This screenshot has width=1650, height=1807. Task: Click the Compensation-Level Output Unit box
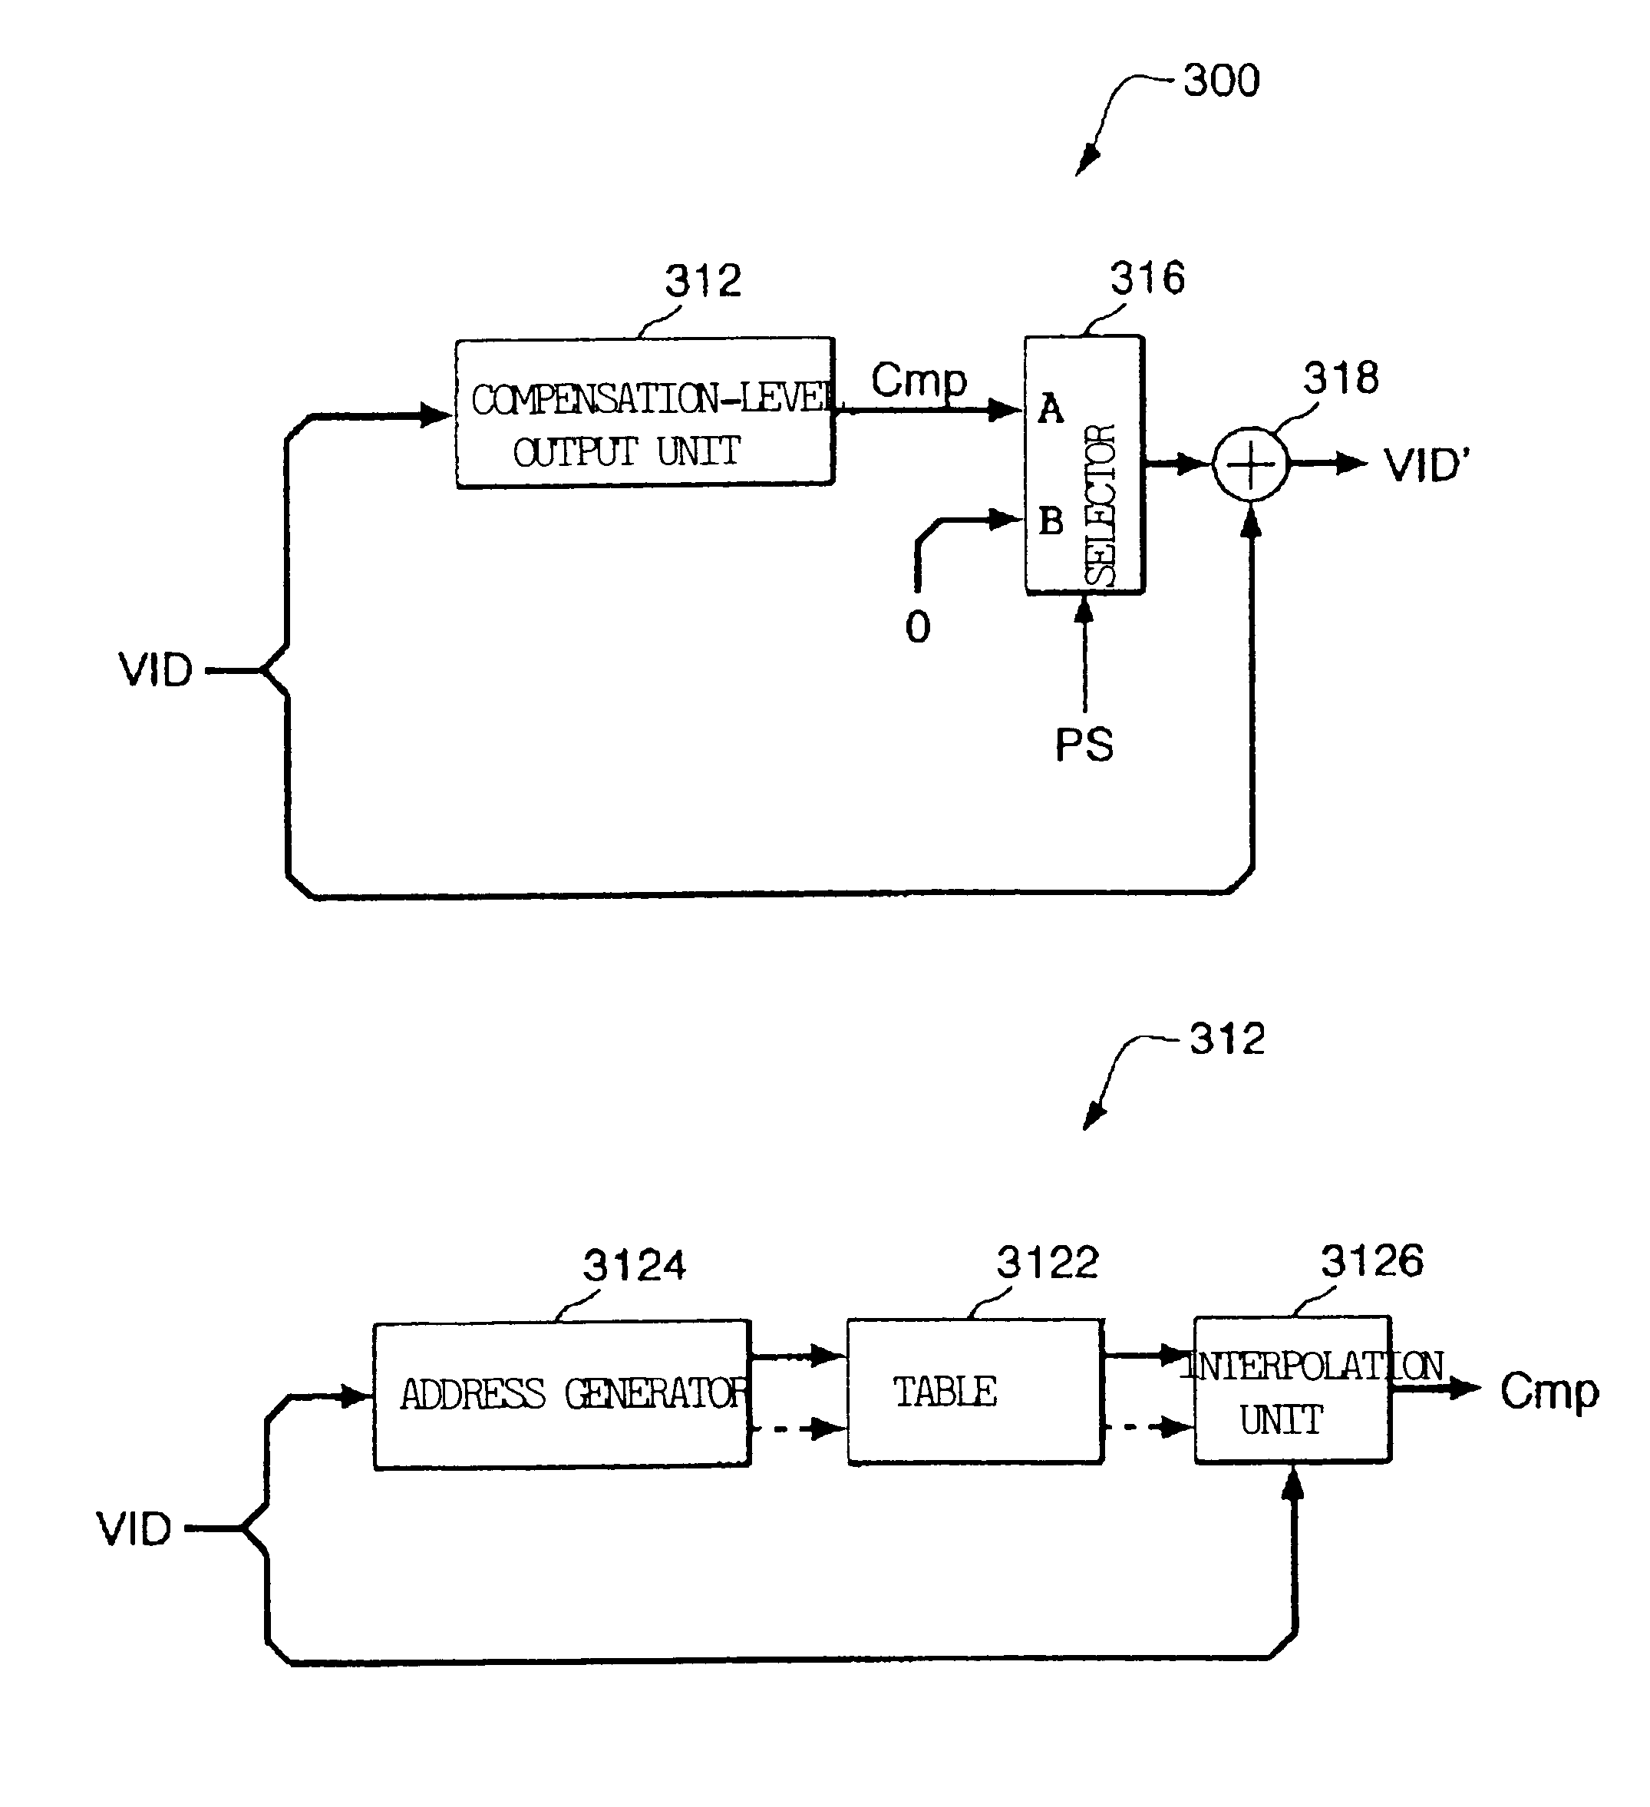click(x=645, y=412)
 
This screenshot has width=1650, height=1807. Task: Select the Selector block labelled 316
click(x=1084, y=464)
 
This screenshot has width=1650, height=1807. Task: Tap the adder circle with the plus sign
click(x=1250, y=464)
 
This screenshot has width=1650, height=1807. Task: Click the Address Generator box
click(x=562, y=1394)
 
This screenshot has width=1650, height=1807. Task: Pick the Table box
click(x=975, y=1391)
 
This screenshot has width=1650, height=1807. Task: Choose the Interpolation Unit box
click(x=1292, y=1390)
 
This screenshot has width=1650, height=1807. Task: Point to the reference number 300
click(x=1222, y=81)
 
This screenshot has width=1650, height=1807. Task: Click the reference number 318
click(x=1341, y=378)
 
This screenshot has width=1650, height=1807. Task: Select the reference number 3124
click(x=635, y=1266)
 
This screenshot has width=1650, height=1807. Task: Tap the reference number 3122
click(x=1048, y=1263)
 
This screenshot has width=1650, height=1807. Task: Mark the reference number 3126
click(x=1372, y=1261)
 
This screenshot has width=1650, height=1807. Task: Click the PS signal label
click(x=1084, y=745)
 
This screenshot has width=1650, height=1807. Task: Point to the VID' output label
click(x=1427, y=465)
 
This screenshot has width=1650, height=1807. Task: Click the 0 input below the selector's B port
click(x=918, y=626)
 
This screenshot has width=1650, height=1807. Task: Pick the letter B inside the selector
click(x=1051, y=520)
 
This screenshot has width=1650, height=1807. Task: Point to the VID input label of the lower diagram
click(x=134, y=1528)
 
